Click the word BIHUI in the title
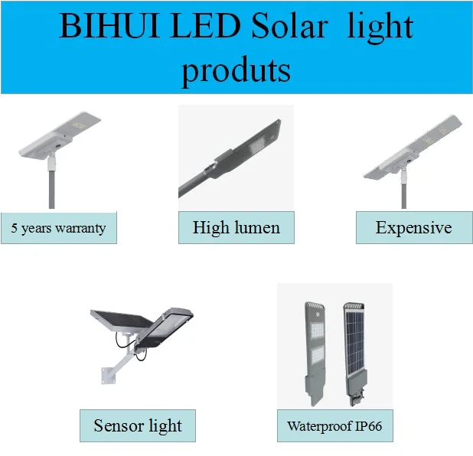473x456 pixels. (x=109, y=26)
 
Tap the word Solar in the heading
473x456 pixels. (x=289, y=26)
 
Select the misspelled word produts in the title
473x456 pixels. (x=236, y=71)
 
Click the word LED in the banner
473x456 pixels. (x=205, y=26)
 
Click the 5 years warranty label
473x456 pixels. (x=59, y=228)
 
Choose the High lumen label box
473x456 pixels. (x=236, y=227)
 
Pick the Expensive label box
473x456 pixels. (x=414, y=227)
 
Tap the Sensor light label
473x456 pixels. (x=138, y=425)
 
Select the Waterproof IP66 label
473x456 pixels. (x=334, y=425)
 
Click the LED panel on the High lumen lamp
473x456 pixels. (x=256, y=147)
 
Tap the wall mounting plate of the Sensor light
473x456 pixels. (x=108, y=376)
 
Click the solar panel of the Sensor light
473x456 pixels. (x=122, y=321)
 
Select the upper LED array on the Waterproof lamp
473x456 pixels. (x=317, y=331)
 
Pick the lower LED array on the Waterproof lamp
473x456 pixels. (x=318, y=355)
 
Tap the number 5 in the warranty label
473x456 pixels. (x=15, y=228)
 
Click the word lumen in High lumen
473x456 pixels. (x=257, y=227)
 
